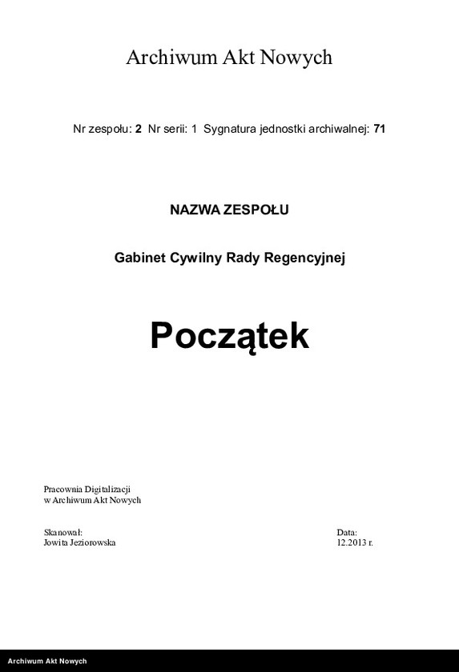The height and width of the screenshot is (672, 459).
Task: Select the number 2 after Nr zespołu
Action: tap(139, 128)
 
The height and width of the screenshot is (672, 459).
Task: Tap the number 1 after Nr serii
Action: tap(194, 128)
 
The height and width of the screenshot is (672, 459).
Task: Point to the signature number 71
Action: tap(380, 128)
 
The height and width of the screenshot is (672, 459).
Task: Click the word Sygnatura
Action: tap(230, 128)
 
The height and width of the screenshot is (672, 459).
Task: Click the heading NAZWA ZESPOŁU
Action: tap(229, 210)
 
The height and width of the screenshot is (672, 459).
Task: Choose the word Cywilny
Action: tap(195, 258)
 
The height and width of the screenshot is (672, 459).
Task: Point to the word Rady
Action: tap(243, 258)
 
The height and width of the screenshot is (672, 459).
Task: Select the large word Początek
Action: tap(229, 337)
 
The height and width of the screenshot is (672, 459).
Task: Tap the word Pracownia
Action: tap(62, 489)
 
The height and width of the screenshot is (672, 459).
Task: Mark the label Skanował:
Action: tap(62, 532)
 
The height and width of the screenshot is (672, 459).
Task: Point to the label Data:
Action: tap(347, 532)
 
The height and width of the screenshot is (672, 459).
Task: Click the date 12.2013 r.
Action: tap(355, 542)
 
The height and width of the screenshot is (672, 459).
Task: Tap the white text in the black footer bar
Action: tap(46, 662)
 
